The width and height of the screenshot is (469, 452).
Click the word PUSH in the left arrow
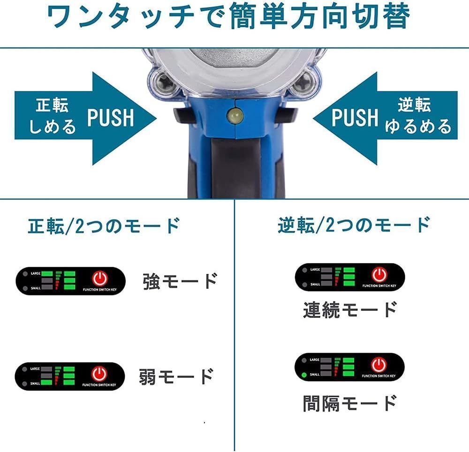click(x=111, y=117)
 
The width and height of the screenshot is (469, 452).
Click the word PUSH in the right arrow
click(x=355, y=117)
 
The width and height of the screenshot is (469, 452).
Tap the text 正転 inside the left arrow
click(x=52, y=105)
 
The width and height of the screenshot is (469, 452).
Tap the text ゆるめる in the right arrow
click(x=418, y=127)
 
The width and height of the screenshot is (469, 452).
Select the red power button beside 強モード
click(x=99, y=279)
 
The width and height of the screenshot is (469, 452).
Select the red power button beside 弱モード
click(x=99, y=374)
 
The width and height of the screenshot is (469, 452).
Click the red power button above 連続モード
click(x=379, y=274)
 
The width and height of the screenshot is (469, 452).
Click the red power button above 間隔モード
click(x=379, y=364)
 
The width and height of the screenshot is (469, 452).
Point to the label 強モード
click(x=180, y=281)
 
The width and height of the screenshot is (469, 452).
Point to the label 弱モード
click(x=176, y=376)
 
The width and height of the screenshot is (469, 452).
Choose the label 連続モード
click(x=350, y=310)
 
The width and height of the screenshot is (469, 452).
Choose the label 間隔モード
click(x=350, y=403)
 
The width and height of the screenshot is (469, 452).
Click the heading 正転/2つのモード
click(x=104, y=226)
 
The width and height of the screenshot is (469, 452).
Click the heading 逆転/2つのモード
click(x=353, y=225)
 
